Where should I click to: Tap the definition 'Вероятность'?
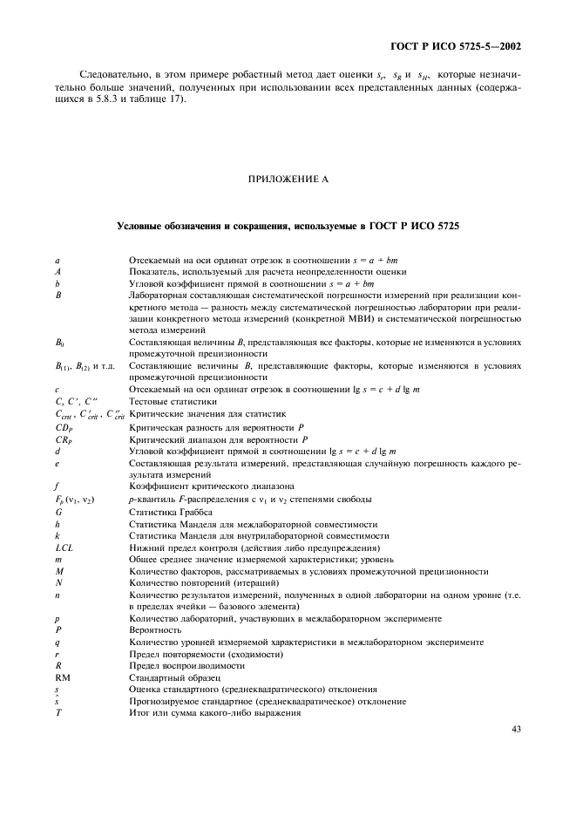pos(155,629)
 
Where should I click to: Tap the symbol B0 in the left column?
pos(59,343)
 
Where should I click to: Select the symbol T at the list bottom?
pos(58,712)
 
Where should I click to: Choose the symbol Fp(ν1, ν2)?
pos(74,500)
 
